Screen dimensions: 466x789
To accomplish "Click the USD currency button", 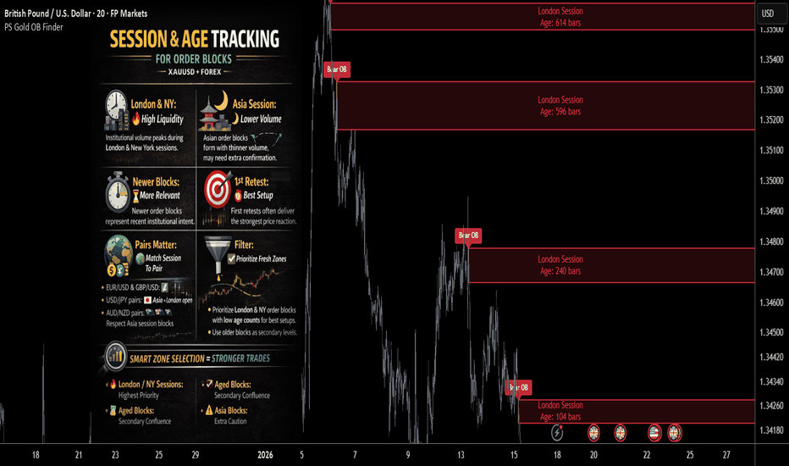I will pos(767,13).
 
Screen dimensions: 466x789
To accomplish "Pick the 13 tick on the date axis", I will pos(461,454).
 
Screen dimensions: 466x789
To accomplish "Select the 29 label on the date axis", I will pos(196,454).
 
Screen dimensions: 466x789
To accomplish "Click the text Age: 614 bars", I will pos(560,23).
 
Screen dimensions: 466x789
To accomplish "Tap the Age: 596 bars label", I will pos(560,111).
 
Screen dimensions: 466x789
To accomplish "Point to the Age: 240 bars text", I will pos(560,271).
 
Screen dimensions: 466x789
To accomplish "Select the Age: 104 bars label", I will pos(560,417).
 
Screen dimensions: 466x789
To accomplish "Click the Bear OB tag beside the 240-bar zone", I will pos(468,235).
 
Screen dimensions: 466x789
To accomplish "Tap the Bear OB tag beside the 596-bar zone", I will pos(337,69).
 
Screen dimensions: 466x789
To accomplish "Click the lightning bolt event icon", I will pos(557,433).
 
